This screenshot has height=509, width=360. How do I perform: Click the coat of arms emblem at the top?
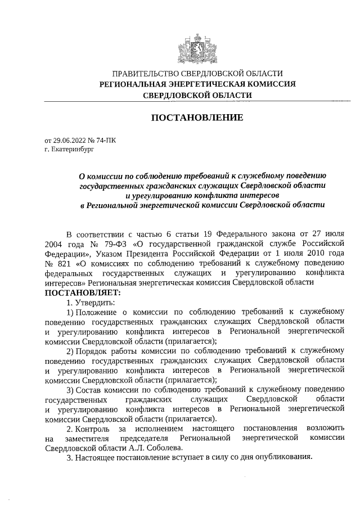coord(197,48)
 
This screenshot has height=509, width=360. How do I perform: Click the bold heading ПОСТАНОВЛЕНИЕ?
coord(197,118)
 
